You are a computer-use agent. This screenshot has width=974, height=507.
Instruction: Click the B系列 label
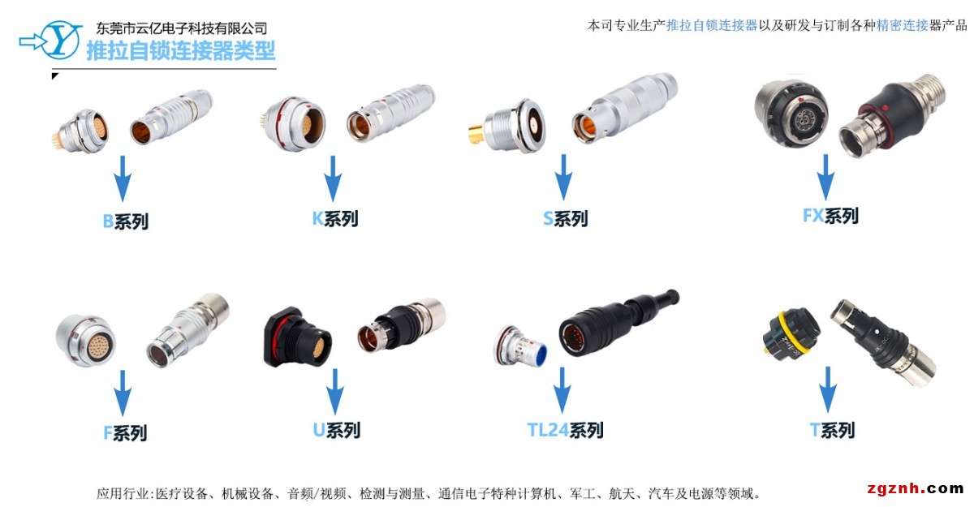click(x=125, y=221)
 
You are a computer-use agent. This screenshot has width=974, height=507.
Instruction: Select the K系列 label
click(x=334, y=219)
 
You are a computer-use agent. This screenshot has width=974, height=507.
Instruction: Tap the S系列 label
click(x=565, y=219)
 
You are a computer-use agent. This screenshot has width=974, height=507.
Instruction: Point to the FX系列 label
click(x=830, y=216)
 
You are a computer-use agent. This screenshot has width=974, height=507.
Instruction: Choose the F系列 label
click(x=125, y=433)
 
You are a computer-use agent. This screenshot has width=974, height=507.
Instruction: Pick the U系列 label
click(x=336, y=430)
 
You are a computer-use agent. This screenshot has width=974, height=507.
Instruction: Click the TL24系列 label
click(x=565, y=430)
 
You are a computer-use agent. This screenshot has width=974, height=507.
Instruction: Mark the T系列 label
click(x=832, y=430)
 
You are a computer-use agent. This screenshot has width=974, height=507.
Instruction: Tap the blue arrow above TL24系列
click(x=562, y=389)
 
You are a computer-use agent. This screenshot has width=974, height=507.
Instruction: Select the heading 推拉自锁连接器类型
click(x=180, y=52)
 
